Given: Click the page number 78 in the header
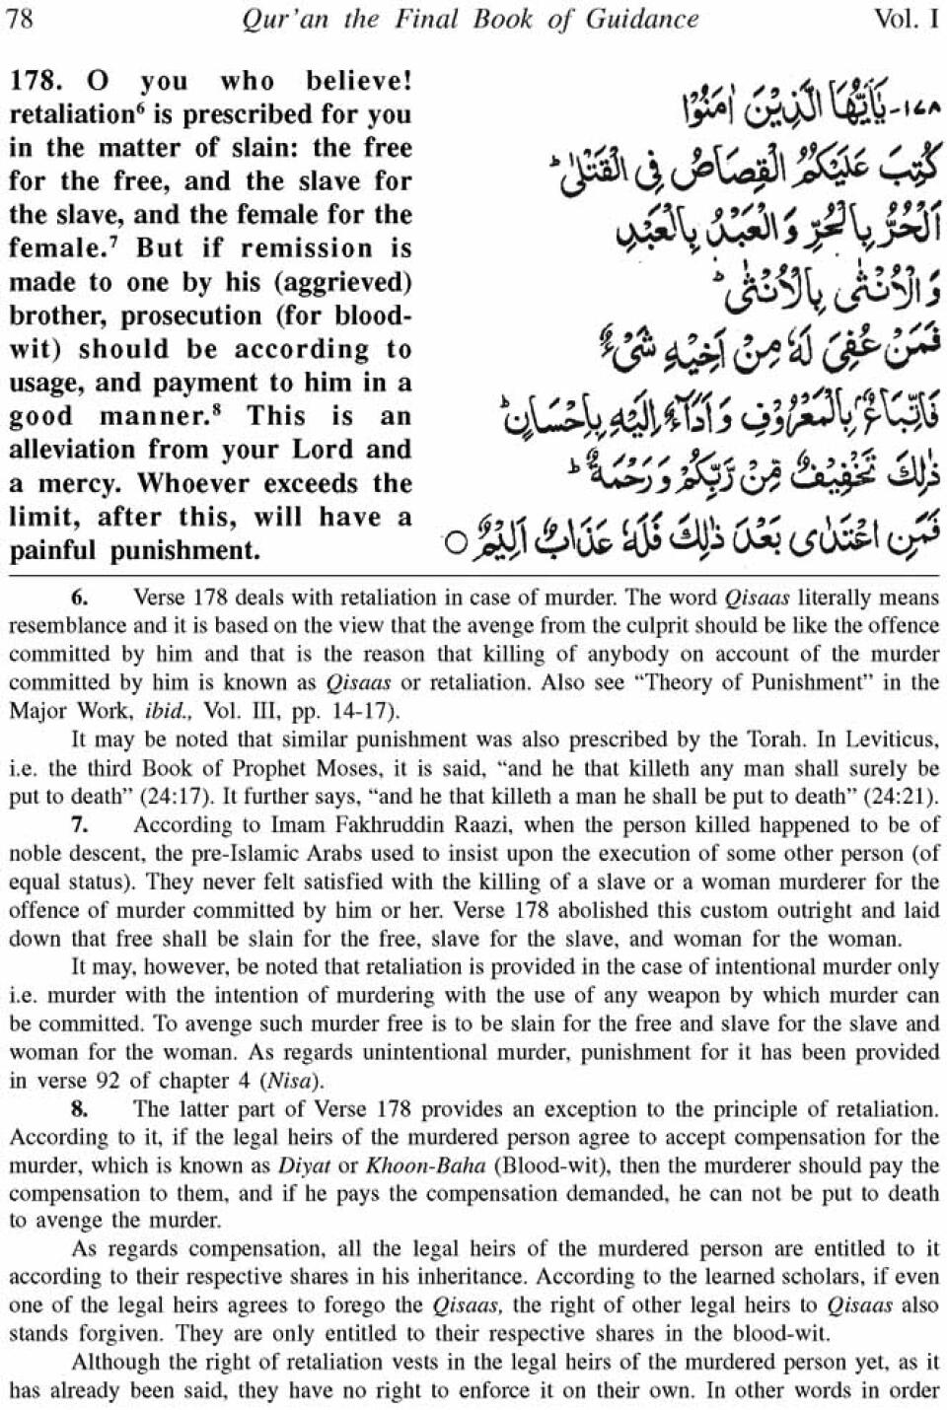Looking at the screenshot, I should (21, 19).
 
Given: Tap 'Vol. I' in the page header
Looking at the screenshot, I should (907, 19).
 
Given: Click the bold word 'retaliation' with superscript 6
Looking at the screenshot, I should (67, 115).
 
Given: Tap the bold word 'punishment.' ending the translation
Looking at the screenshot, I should (186, 550).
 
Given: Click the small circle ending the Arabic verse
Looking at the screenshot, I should (455, 543).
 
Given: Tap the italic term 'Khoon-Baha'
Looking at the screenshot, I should (426, 1165).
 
